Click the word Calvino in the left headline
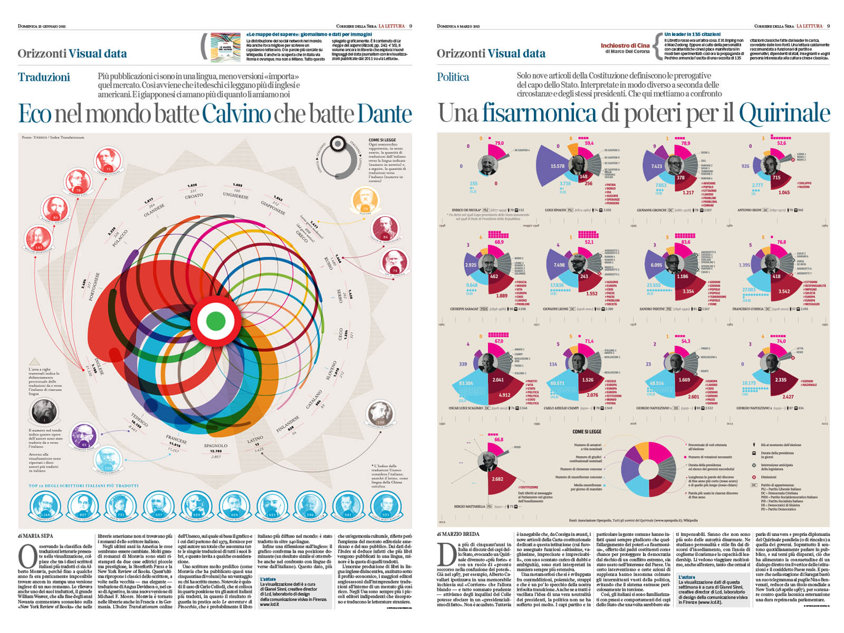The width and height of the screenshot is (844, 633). [236, 114]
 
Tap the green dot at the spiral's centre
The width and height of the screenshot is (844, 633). [215, 320]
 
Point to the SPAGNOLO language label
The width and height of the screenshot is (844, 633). [216, 446]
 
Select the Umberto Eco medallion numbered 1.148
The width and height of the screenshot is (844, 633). [44, 507]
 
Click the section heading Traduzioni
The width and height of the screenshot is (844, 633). [44, 77]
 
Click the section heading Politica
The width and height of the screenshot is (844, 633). [453, 77]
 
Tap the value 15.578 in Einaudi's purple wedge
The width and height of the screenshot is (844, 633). [557, 166]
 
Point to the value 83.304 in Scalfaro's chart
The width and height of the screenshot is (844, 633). [466, 383]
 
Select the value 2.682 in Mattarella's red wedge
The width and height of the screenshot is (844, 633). [497, 479]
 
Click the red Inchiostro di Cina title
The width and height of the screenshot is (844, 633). [625, 45]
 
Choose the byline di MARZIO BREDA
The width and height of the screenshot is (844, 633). [458, 534]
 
